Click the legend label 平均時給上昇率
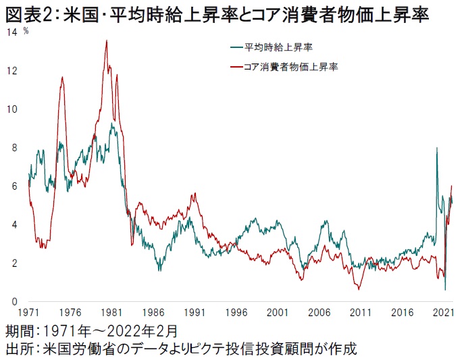pyautogui.click(x=278, y=47)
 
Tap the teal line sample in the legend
pyautogui.click(x=236, y=47)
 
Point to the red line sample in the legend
pyautogui.click(x=236, y=67)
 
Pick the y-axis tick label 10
pyautogui.click(x=11, y=109)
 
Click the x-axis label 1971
pyautogui.click(x=28, y=314)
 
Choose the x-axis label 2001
pyautogui.click(x=276, y=314)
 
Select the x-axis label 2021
pyautogui.click(x=442, y=314)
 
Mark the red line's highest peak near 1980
pyautogui.click(x=106, y=41)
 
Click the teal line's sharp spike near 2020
pyautogui.click(x=437, y=148)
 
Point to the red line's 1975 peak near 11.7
pyautogui.click(x=62, y=77)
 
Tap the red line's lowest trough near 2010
pyautogui.click(x=359, y=289)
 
